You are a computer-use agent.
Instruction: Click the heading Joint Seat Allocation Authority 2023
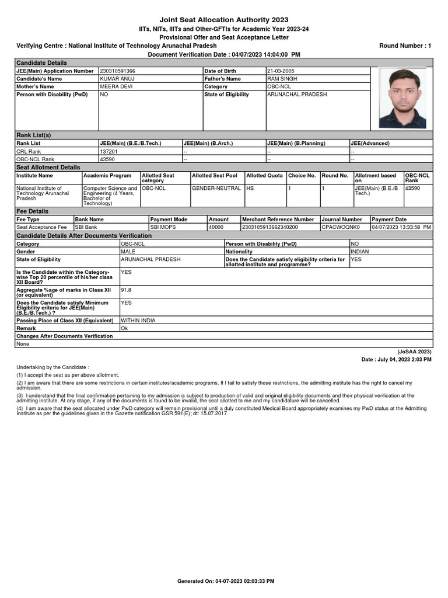coord(224,20)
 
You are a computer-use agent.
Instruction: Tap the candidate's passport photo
coord(402,98)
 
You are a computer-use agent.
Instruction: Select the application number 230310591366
coord(118,71)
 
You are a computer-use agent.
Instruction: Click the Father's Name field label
coord(222,79)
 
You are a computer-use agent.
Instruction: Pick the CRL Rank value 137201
coord(109,151)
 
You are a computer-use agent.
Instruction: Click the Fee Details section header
coord(32,211)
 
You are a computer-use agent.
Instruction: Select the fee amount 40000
coord(216,227)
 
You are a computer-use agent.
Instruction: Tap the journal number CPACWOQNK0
coord(341,227)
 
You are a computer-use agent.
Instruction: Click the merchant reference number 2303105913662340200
coord(270,227)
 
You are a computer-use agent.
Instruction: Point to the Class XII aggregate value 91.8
coord(125,289)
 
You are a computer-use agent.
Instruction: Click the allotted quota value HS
coord(250,189)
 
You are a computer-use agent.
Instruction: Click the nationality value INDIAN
coord(360,251)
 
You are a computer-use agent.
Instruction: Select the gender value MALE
coord(128,251)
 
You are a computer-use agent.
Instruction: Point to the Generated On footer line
coord(225,581)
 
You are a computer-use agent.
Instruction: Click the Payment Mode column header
coord(169,219)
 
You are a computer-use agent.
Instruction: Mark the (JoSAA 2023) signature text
coord(414,352)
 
